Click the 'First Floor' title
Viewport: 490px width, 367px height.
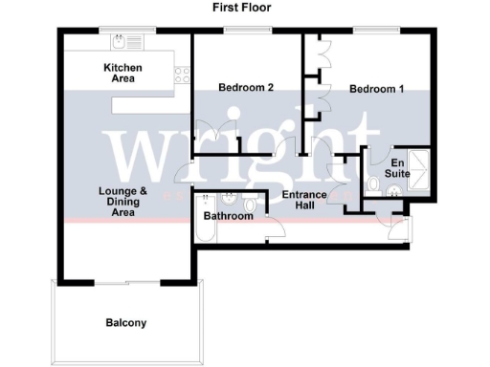pyautogui.click(x=243, y=8)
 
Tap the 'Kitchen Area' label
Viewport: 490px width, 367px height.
pyautogui.click(x=123, y=73)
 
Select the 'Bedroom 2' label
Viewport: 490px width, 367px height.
pyautogui.click(x=246, y=88)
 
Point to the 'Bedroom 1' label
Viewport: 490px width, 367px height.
pyautogui.click(x=376, y=89)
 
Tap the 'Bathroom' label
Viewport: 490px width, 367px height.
pyautogui.click(x=228, y=217)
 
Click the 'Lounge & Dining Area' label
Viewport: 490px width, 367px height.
pyautogui.click(x=122, y=202)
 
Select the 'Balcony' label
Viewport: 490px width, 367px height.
pyautogui.click(x=126, y=323)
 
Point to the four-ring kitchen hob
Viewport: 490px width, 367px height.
pyautogui.click(x=181, y=74)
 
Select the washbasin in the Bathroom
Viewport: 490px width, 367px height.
pyautogui.click(x=231, y=199)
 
